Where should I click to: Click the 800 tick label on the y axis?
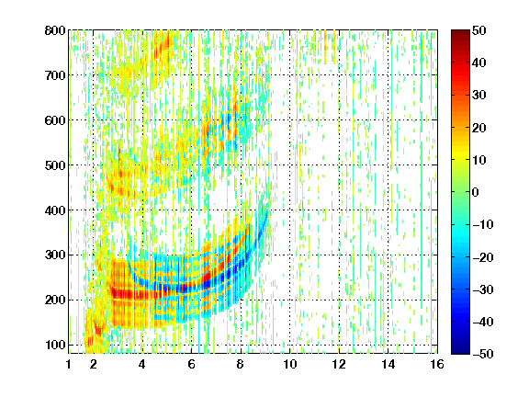(55, 30)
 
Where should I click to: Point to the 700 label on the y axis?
(55, 75)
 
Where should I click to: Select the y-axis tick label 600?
(55, 120)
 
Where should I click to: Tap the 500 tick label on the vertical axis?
(55, 165)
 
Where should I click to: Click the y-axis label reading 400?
(55, 210)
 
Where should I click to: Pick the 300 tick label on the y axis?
(55, 255)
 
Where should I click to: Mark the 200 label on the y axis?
(55, 301)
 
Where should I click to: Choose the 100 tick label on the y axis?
(55, 345)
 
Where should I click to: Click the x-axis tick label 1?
(69, 364)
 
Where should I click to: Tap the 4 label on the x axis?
(142, 364)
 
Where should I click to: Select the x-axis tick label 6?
(191, 364)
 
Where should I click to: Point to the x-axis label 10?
(290, 364)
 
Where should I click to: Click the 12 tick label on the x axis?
(339, 364)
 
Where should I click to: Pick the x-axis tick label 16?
(437, 364)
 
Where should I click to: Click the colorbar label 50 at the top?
(479, 30)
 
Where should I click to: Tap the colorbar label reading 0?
(476, 192)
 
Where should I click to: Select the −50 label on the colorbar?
(483, 354)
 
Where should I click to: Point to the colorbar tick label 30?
(479, 96)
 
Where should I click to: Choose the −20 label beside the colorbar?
(483, 257)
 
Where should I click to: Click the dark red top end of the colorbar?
(460, 32)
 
